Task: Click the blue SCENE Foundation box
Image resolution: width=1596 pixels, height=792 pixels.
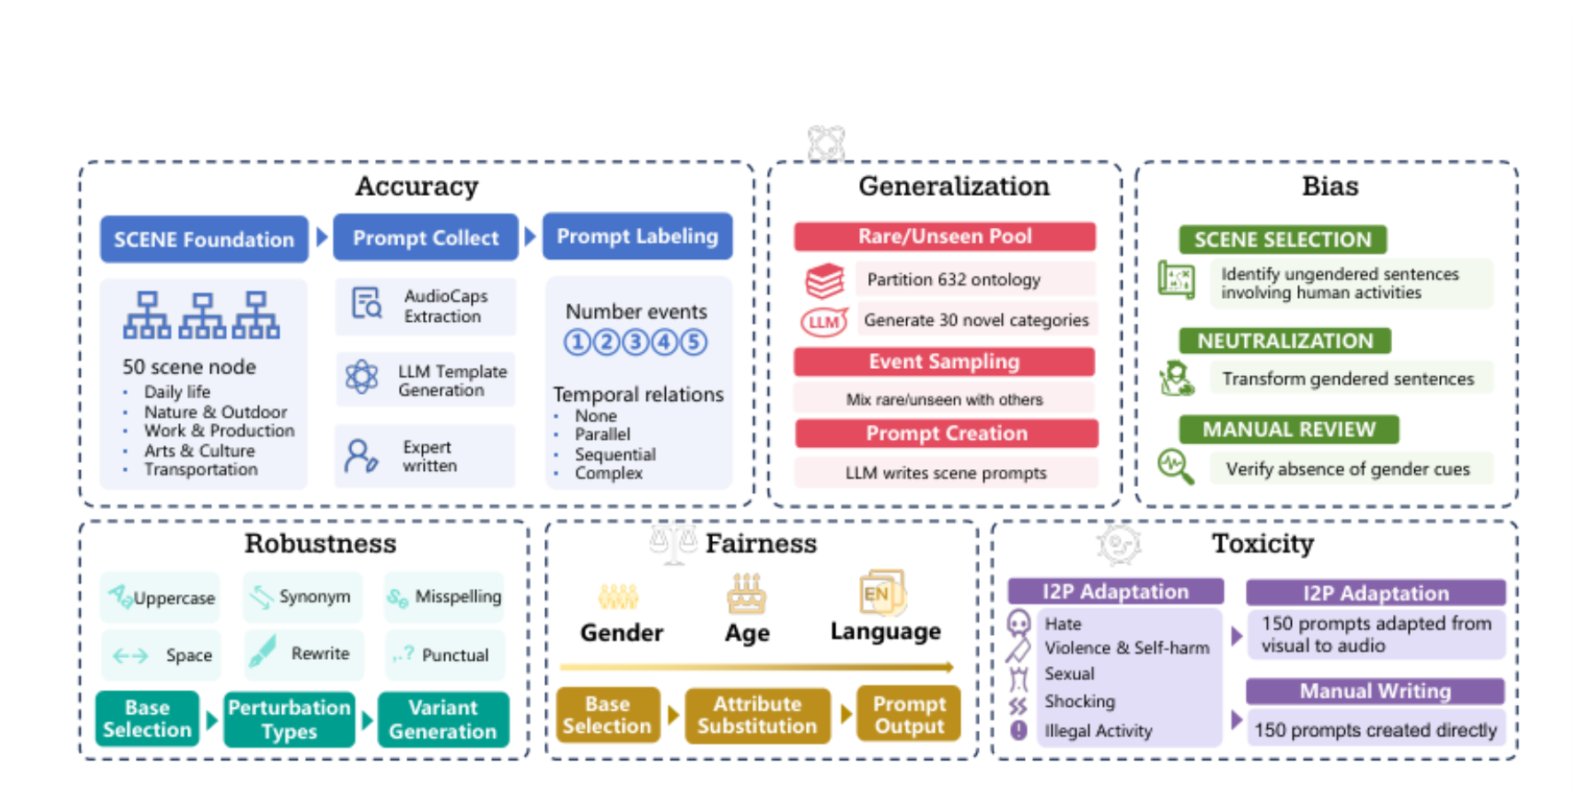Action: (204, 239)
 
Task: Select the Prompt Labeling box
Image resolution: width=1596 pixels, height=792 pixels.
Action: (638, 236)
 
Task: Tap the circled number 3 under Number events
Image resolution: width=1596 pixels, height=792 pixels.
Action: (636, 341)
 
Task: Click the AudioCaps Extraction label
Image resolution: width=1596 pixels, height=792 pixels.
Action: (445, 306)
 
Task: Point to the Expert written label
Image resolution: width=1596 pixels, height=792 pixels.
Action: (430, 456)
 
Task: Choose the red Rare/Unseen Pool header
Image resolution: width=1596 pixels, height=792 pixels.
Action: (944, 236)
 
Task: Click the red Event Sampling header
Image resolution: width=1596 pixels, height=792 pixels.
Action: (944, 362)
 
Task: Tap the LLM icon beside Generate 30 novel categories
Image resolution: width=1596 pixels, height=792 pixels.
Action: (825, 321)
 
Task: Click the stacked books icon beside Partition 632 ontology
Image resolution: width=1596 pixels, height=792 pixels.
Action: (825, 280)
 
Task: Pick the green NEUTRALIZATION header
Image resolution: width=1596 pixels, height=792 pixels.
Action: (1285, 341)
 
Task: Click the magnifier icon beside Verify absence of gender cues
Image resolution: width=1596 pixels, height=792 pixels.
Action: (1176, 466)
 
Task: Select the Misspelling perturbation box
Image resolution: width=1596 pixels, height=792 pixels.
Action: (444, 597)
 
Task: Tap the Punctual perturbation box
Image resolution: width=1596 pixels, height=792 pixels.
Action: (444, 655)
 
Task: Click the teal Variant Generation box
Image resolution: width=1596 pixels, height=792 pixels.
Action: (443, 719)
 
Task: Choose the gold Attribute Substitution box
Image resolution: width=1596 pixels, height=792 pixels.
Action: (757, 715)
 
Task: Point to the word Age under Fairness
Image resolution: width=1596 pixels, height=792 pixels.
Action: (747, 633)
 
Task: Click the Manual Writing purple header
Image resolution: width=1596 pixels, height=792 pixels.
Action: (1375, 691)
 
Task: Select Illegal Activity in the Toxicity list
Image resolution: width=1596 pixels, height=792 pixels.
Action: (1099, 731)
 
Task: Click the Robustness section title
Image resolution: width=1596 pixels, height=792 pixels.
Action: (321, 543)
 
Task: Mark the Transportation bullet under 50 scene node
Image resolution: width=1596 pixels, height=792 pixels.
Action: (200, 469)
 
